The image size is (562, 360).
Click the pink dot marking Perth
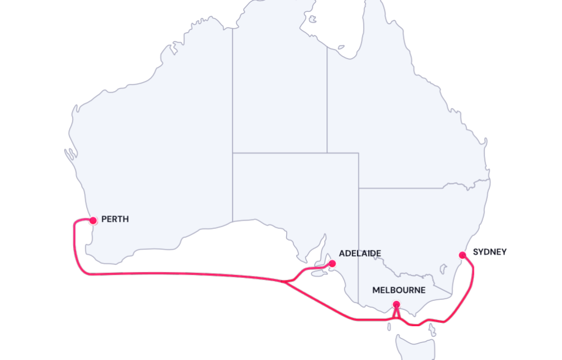(x=93, y=220)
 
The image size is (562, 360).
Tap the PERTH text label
(x=115, y=219)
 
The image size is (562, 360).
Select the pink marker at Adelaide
(x=332, y=263)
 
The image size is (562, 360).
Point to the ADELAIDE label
(x=360, y=254)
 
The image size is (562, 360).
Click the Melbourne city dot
(x=397, y=305)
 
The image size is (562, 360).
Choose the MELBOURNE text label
(x=399, y=290)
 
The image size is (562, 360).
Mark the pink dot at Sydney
(x=463, y=255)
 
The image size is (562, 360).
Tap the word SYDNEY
(x=490, y=252)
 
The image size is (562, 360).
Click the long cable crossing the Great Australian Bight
(x=185, y=273)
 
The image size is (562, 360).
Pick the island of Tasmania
(x=416, y=346)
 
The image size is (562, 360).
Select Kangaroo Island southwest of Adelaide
(x=318, y=274)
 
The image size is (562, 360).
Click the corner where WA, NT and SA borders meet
(x=233, y=152)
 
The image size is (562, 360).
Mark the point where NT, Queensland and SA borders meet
(x=327, y=152)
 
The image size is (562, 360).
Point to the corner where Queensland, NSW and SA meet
(x=359, y=188)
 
